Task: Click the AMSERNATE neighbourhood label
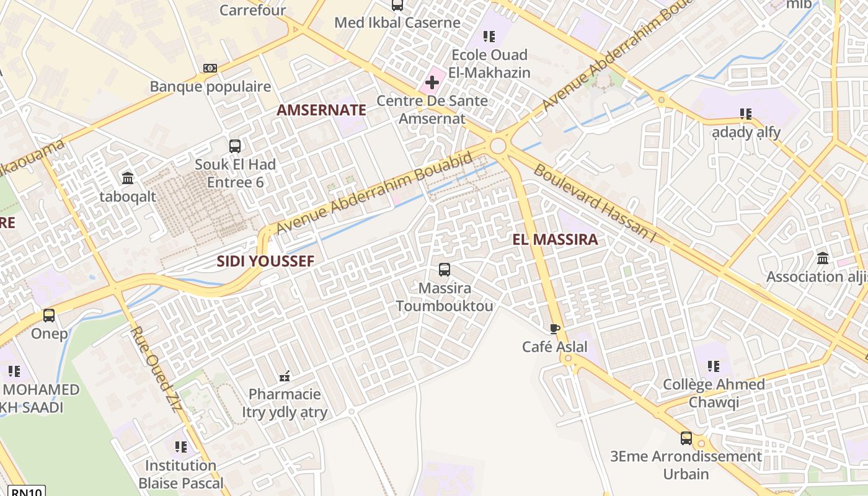321,110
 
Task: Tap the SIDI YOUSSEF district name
265,261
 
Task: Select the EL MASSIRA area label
555,239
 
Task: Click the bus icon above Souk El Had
235,146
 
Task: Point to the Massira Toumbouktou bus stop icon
445,270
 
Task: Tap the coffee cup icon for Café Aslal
554,329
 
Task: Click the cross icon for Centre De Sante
432,82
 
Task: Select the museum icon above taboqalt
128,179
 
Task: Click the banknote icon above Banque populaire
210,68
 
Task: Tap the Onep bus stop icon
49,316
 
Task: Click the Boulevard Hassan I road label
595,204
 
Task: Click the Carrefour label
253,10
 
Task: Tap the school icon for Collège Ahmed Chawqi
714,366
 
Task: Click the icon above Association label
823,258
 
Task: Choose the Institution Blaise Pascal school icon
181,446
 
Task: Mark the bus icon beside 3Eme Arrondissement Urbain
686,438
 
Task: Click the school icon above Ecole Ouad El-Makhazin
489,37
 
